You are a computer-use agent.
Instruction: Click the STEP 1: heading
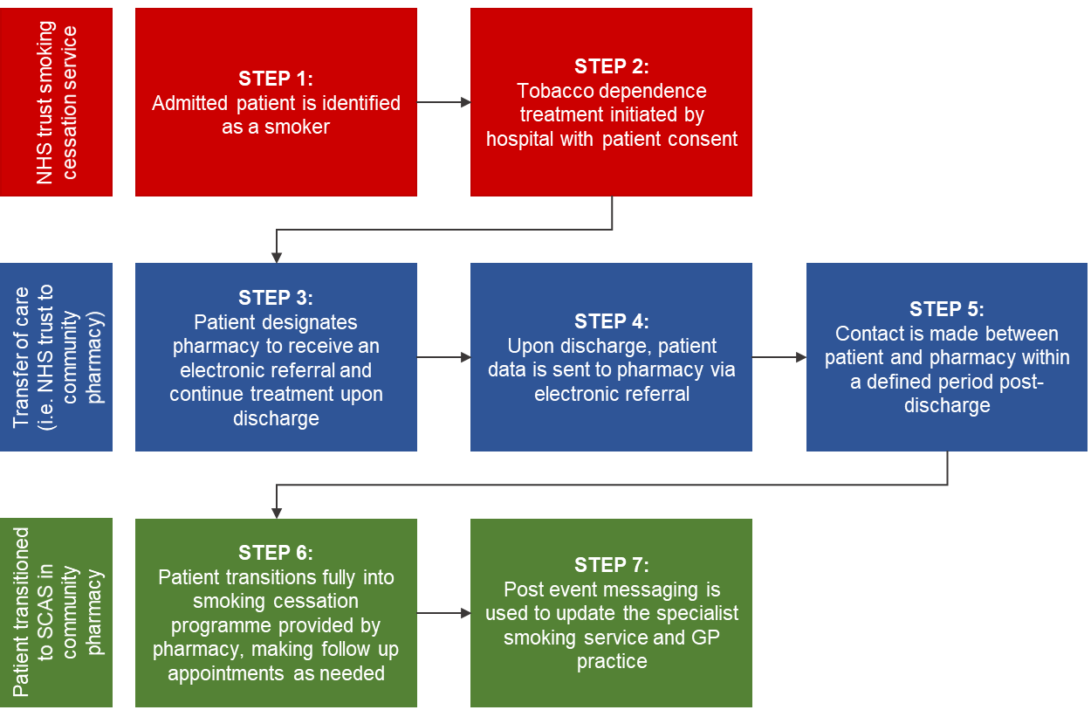coord(276,79)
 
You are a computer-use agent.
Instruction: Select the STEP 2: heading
coord(611,66)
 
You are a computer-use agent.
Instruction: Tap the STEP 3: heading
coord(276,298)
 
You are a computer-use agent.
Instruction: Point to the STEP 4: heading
coord(611,321)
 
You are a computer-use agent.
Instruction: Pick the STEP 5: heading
coord(947,309)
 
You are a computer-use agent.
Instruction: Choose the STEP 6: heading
coord(276,553)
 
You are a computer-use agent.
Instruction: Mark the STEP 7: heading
coord(611,565)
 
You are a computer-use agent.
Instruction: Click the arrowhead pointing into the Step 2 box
coord(465,102)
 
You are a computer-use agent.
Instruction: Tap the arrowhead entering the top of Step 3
coord(277,258)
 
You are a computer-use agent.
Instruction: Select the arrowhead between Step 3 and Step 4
coord(465,357)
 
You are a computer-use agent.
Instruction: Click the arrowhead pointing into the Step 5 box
coord(801,357)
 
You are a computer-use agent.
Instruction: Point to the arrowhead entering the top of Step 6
coord(277,514)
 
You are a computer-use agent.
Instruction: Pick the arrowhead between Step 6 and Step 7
coord(465,613)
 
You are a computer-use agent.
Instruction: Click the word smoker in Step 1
coord(297,128)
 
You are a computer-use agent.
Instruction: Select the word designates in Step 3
coord(308,322)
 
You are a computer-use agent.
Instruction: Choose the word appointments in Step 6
coord(226,673)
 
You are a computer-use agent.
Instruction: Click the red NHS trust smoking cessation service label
coord(56,102)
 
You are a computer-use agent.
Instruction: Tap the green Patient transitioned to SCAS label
coord(56,612)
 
